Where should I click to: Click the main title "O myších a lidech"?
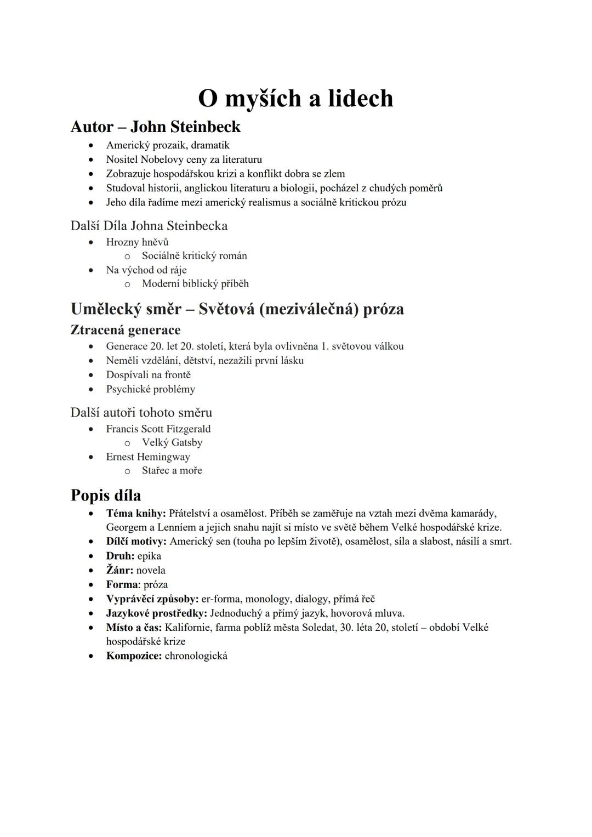[295, 99]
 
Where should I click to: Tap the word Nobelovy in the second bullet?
[162, 160]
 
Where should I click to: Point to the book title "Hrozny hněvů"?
[137, 242]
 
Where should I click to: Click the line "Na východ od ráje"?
[146, 270]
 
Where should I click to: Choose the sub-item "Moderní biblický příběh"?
[195, 284]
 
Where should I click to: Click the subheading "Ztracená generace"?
[126, 330]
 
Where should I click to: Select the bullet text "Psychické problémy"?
[151, 389]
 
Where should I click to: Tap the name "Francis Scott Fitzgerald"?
[158, 429]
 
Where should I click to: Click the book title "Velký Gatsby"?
[172, 442]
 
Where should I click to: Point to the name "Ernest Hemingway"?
[148, 457]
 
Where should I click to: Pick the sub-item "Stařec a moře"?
[172, 470]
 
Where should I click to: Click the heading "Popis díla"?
[106, 496]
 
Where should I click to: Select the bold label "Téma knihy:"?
[136, 514]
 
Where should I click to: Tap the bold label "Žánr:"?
[119, 570]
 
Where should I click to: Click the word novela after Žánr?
[151, 570]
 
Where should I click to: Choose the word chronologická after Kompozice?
[196, 656]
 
